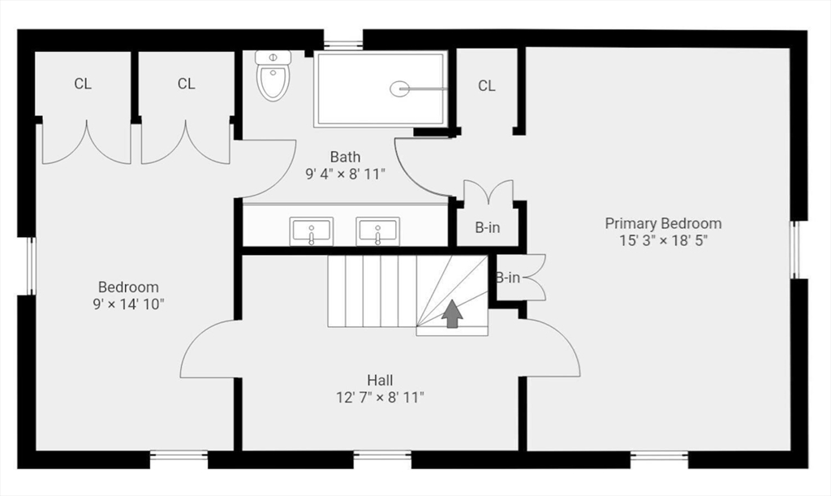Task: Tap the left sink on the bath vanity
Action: [x=312, y=231]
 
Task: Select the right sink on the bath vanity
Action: [x=377, y=231]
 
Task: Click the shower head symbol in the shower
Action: [x=400, y=88]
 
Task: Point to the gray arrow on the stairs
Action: [x=452, y=314]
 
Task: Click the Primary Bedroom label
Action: [x=663, y=223]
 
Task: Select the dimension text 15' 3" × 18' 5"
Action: [x=663, y=240]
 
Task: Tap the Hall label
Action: [x=380, y=379]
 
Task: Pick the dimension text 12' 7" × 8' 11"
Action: [x=380, y=397]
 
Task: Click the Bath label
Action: [x=345, y=156]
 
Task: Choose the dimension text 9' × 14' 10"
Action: [x=128, y=304]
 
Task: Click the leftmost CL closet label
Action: [x=83, y=84]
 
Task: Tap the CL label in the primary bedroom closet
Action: [x=486, y=86]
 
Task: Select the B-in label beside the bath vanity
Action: [x=487, y=228]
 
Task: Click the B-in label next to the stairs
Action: [x=508, y=278]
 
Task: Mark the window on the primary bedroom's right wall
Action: [x=795, y=249]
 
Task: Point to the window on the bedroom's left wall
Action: [x=32, y=265]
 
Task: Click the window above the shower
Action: [x=342, y=43]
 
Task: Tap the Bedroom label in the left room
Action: [x=128, y=287]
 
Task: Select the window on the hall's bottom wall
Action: [x=382, y=458]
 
